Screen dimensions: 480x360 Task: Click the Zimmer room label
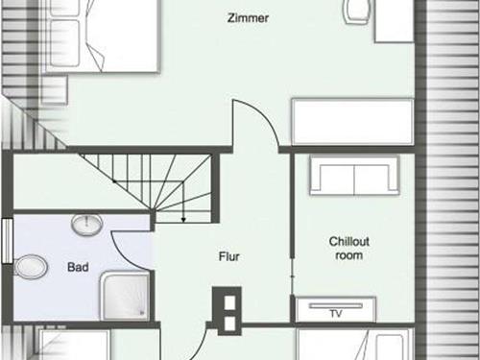248,18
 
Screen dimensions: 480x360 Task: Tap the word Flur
228,256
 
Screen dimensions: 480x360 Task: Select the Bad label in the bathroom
78,267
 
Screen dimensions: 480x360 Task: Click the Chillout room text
349,249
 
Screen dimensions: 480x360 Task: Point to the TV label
336,314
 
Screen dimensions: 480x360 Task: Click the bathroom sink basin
86,225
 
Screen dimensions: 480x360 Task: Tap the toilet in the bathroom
31,267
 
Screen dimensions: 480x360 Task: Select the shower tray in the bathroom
125,296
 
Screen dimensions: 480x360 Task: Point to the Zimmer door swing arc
265,118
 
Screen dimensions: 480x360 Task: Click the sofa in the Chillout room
354,175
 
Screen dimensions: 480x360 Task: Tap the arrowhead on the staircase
183,220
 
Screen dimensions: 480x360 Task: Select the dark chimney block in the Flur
227,311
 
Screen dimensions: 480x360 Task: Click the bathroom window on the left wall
7,241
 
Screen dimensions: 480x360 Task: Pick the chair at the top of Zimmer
358,12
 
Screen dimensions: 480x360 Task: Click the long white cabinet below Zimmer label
352,122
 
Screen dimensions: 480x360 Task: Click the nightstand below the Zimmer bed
55,89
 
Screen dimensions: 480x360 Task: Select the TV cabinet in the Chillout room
335,310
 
